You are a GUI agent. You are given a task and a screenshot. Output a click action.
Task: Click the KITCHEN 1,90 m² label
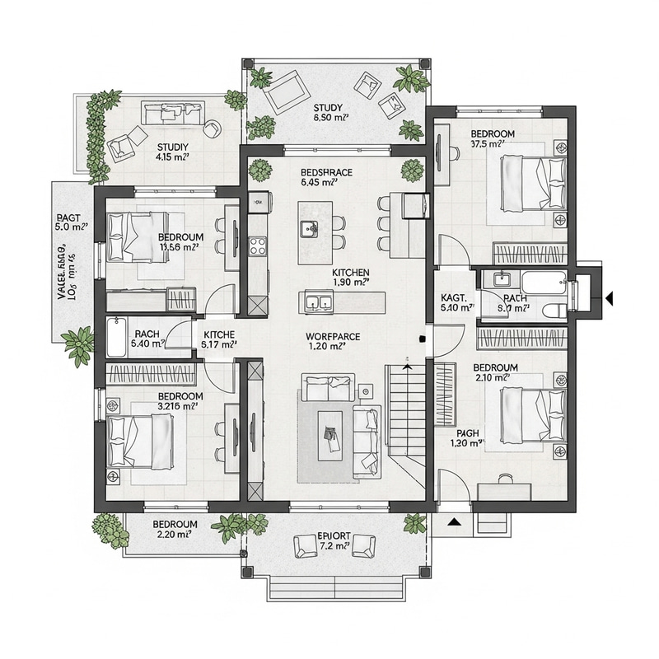350,278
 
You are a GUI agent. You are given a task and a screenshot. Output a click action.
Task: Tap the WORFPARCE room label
334,342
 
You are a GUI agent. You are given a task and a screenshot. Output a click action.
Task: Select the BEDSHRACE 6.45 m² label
326,177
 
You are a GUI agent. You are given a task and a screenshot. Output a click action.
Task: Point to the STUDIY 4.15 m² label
173,152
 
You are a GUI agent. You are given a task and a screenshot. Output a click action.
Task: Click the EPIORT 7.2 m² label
334,541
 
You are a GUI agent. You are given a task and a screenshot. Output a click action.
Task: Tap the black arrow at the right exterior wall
610,297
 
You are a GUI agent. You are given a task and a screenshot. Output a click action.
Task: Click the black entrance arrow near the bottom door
453,521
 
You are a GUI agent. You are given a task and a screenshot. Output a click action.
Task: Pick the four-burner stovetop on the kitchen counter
258,245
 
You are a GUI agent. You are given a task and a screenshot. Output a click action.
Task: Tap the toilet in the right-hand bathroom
554,309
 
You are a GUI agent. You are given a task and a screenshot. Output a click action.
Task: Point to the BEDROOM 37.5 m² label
493,138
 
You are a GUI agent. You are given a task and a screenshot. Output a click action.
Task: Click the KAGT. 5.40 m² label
456,301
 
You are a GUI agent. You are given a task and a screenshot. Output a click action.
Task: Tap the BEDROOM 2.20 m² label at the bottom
174,529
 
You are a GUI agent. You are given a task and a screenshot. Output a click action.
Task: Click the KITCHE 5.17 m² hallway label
219,340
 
